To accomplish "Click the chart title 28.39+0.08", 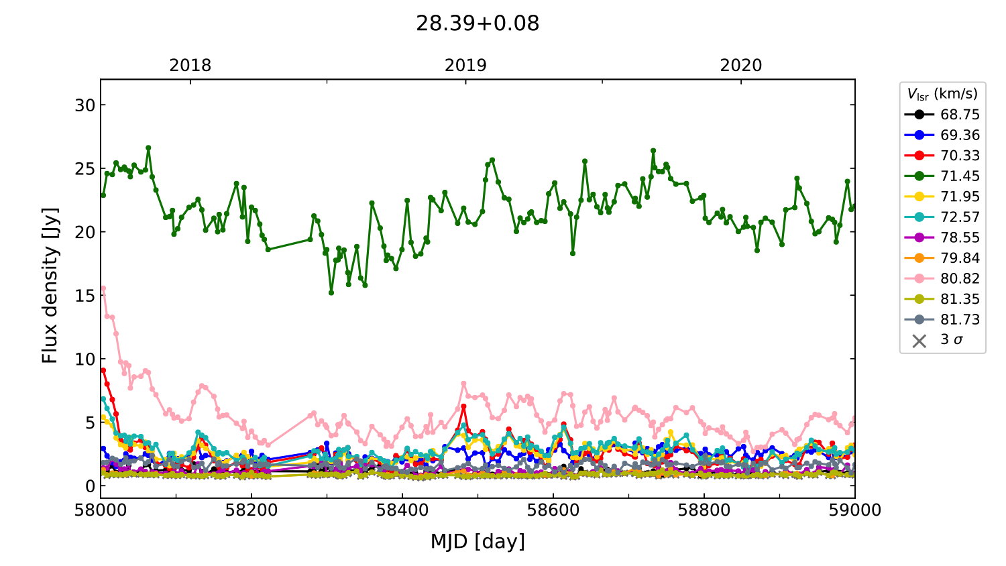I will tap(478, 23).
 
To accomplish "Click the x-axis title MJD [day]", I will tap(478, 541).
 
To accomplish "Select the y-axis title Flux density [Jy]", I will tap(50, 286).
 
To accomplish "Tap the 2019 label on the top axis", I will tap(465, 65).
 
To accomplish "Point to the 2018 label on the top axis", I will tap(190, 65).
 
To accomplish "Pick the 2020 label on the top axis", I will tap(741, 65).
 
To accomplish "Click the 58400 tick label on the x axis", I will tap(402, 510).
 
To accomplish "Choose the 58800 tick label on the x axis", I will tap(704, 510).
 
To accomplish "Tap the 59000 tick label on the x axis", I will tap(855, 510).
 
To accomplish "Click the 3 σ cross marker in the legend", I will tap(919, 341).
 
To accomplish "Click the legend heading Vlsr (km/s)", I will tap(942, 94).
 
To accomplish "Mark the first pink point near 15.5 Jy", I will tap(103, 289).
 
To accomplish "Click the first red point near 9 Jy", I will tap(103, 370).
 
